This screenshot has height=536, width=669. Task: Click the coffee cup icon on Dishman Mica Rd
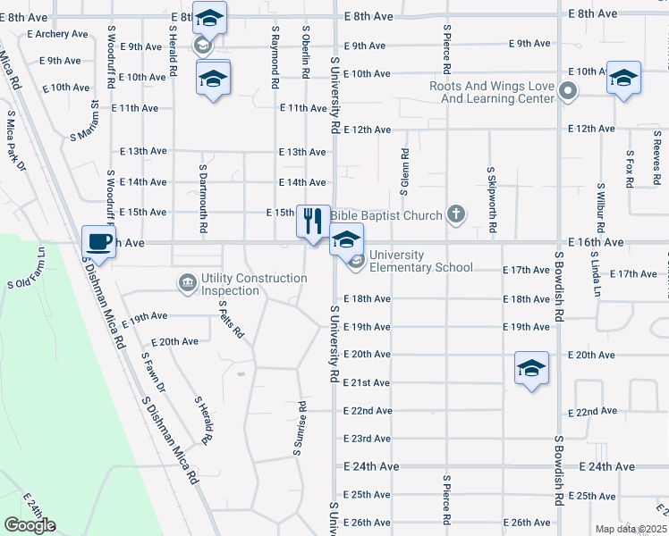click(x=98, y=242)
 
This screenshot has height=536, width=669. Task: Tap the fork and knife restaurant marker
click(x=312, y=221)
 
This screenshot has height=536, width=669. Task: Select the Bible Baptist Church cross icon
click(x=456, y=214)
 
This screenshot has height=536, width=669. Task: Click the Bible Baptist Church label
click(x=386, y=215)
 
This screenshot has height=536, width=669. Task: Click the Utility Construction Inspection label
click(x=254, y=284)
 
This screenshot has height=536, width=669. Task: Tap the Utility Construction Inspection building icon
click(x=187, y=284)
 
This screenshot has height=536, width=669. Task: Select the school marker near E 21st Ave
click(x=531, y=368)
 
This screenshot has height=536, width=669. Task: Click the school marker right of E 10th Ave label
click(x=622, y=77)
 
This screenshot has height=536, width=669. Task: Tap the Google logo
click(x=30, y=525)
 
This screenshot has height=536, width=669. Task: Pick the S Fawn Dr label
click(x=154, y=372)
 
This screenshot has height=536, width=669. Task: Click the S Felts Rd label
click(x=231, y=316)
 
